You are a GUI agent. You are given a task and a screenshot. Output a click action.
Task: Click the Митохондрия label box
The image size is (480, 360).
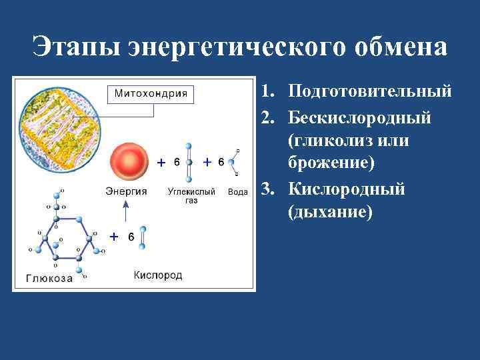click(x=151, y=93)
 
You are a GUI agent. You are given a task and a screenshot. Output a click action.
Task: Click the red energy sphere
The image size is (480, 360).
click(x=127, y=161)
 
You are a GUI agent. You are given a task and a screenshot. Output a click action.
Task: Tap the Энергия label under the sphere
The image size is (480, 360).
click(x=126, y=191)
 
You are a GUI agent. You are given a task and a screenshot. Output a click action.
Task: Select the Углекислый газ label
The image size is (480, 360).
click(x=191, y=195)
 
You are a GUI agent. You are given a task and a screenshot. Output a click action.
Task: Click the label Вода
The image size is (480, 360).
click(x=238, y=192)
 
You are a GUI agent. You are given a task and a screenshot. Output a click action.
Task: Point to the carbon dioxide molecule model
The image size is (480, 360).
click(x=189, y=162)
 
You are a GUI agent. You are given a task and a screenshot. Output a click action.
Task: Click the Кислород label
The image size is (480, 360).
click(x=158, y=275)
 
